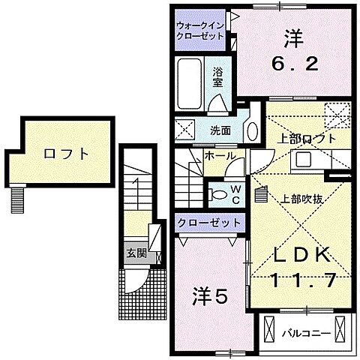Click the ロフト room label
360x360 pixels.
[66, 154]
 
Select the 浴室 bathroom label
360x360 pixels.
[217, 77]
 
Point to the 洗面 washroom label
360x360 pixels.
[220, 130]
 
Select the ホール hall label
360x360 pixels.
[220, 157]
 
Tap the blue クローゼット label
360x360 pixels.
[209, 223]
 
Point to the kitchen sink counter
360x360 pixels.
[307, 160]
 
